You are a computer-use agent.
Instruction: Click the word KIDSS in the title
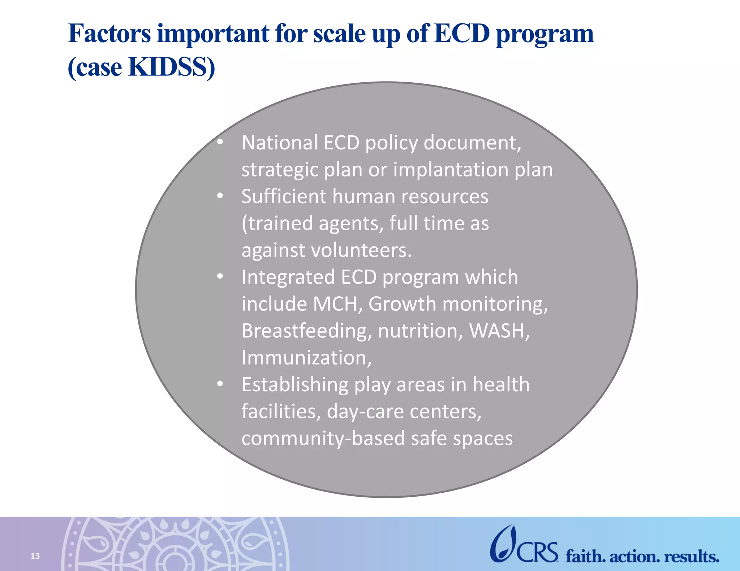[172, 67]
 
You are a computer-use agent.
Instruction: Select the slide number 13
[35, 556]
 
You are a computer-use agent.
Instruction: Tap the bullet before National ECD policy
[220, 143]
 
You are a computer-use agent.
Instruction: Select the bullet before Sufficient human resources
[220, 196]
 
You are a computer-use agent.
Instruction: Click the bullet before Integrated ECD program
[220, 277]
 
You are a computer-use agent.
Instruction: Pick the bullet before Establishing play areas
[220, 384]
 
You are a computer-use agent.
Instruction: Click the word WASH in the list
[499, 331]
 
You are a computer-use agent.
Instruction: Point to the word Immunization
[306, 358]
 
